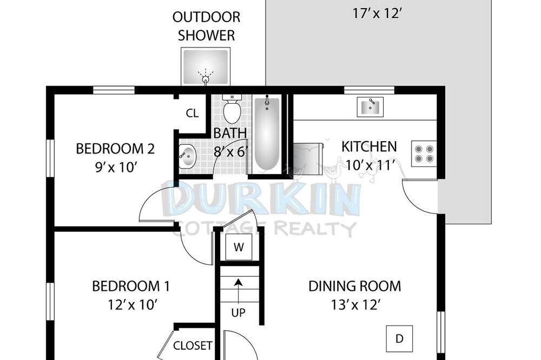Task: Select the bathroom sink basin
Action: (187, 157)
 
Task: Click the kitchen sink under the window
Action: (370, 106)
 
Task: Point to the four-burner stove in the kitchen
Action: (424, 154)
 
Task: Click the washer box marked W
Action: (239, 247)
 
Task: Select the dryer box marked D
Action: (399, 338)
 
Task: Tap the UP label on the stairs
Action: (238, 313)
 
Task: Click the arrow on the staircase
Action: (238, 290)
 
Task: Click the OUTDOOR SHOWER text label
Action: (206, 26)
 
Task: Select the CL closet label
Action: (192, 113)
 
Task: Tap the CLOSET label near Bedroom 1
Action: (193, 345)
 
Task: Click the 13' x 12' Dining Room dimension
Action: (356, 305)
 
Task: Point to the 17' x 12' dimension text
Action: (377, 14)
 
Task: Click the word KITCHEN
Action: (369, 146)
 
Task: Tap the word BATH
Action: (230, 133)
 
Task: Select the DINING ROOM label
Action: (355, 286)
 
